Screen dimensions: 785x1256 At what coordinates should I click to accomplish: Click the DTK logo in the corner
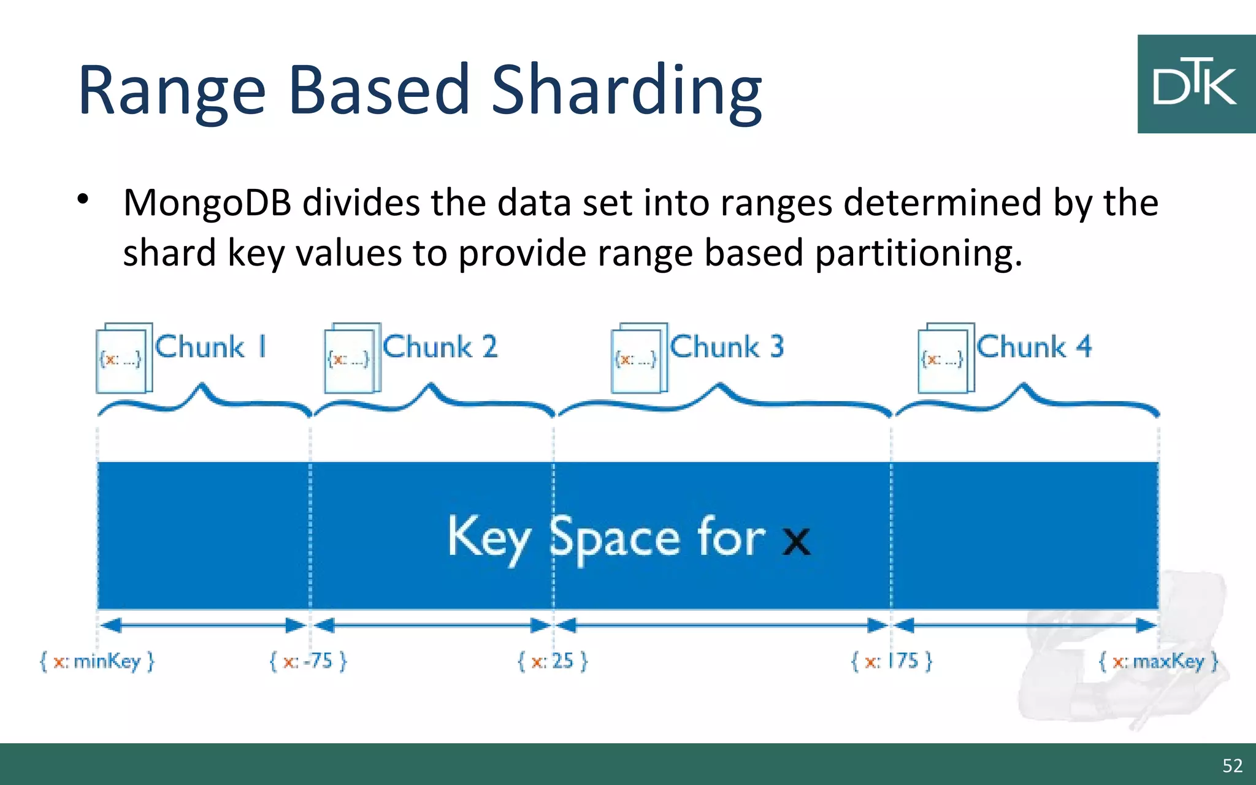coord(1196,84)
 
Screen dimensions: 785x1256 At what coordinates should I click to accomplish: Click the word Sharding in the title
coord(626,91)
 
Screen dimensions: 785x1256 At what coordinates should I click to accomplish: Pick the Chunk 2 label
coord(440,347)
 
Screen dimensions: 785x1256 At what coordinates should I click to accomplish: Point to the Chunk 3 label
coord(727,347)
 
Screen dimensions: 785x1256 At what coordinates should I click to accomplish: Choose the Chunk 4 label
coord(1034,347)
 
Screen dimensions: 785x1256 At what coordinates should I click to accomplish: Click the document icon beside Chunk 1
coord(124,358)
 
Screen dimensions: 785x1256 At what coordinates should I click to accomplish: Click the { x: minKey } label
coord(97,661)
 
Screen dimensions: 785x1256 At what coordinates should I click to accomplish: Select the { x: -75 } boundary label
coord(308,661)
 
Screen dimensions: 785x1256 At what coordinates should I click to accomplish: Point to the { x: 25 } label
coord(553,661)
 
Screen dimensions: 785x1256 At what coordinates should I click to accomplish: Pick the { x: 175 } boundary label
coord(892,661)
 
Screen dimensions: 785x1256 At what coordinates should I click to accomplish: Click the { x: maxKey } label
coord(1158,662)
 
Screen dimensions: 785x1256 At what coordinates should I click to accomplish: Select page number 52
coord(1232,765)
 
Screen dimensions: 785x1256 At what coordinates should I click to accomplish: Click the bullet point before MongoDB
coord(83,199)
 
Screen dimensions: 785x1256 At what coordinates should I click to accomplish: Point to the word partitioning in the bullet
coord(918,253)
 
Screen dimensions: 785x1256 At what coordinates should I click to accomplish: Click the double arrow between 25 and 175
coord(722,626)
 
